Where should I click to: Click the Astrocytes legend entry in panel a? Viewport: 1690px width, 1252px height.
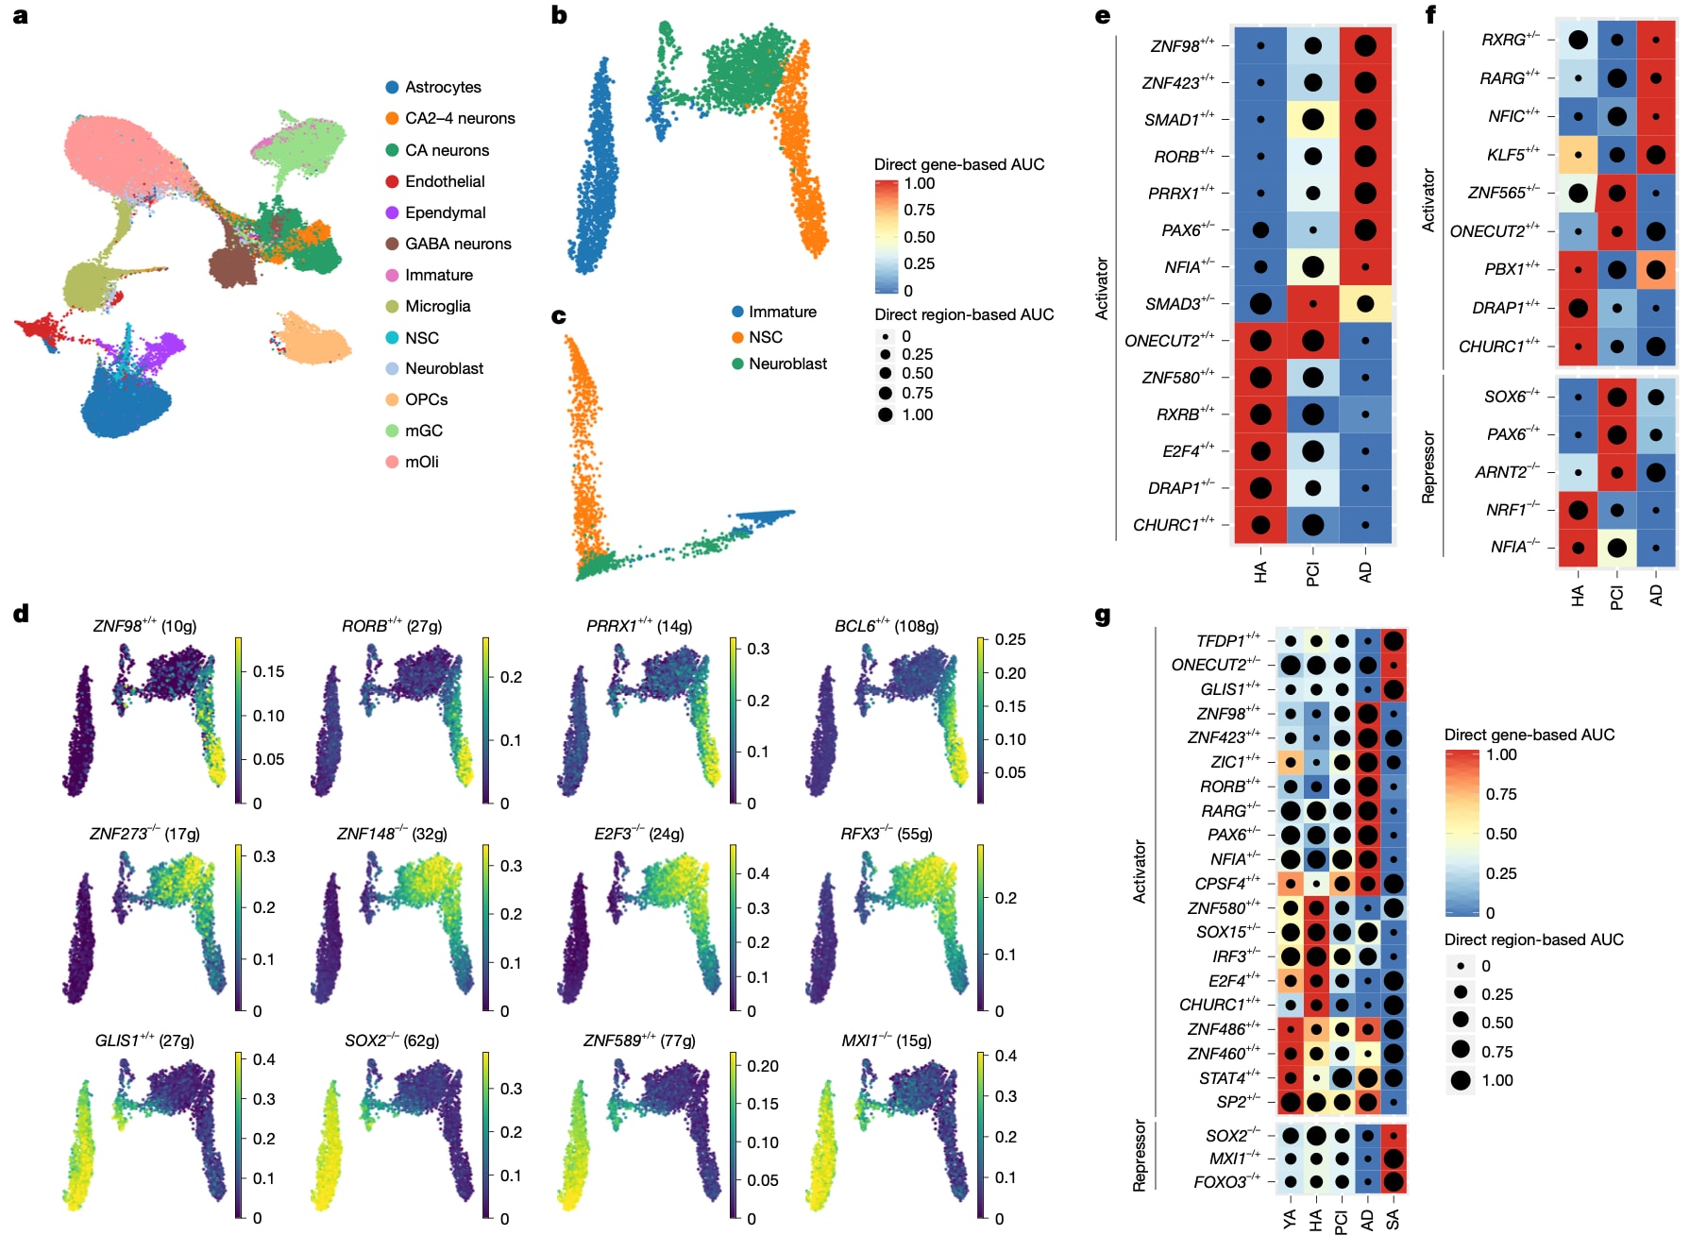[442, 87]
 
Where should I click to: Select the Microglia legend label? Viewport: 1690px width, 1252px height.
[437, 306]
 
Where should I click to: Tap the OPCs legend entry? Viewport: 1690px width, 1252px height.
[426, 399]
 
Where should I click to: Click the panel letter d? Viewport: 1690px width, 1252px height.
[21, 614]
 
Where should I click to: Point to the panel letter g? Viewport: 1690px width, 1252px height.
[1102, 616]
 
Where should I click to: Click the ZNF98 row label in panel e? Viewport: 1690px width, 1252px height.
[1181, 46]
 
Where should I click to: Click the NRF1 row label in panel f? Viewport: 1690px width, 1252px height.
[1513, 510]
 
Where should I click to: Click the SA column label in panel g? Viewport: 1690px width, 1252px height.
[1393, 1220]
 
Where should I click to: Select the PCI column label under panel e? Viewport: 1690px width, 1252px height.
[1312, 573]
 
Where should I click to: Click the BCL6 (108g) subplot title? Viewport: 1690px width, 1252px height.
[887, 626]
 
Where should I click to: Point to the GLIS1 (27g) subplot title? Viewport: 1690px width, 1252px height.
[144, 1041]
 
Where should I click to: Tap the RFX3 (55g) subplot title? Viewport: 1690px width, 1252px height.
[887, 834]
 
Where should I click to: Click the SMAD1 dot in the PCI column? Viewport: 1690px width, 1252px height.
[1312, 120]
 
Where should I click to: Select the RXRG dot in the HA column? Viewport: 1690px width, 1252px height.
[1578, 40]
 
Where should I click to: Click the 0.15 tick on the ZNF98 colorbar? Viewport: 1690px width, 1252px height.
[268, 671]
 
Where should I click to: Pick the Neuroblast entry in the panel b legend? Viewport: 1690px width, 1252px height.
[786, 364]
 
